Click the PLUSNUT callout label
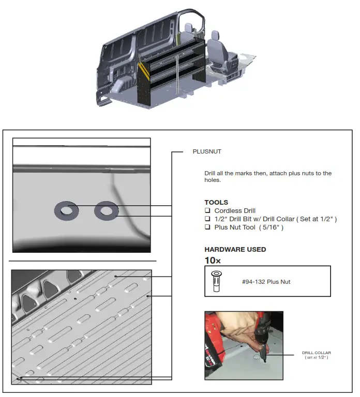[207, 152]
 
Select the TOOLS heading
[216, 202]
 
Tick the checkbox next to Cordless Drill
[207, 211]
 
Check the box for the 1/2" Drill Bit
[207, 219]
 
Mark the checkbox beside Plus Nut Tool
[207, 227]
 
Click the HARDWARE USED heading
[235, 249]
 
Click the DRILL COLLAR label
[316, 353]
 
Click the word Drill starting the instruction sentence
[209, 173]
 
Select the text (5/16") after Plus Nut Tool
[272, 227]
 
